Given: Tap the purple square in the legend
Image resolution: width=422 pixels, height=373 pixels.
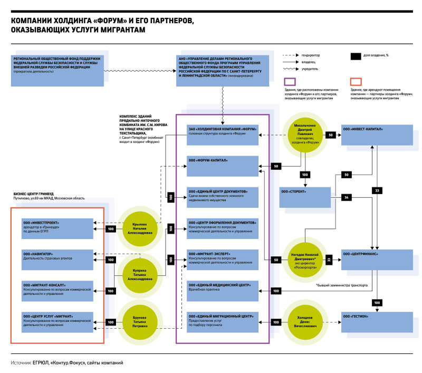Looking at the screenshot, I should tap(289, 81).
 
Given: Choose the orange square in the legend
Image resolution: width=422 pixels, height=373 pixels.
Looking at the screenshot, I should tap(356, 81).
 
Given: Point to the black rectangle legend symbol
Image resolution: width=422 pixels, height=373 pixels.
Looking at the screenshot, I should tap(356, 55).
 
